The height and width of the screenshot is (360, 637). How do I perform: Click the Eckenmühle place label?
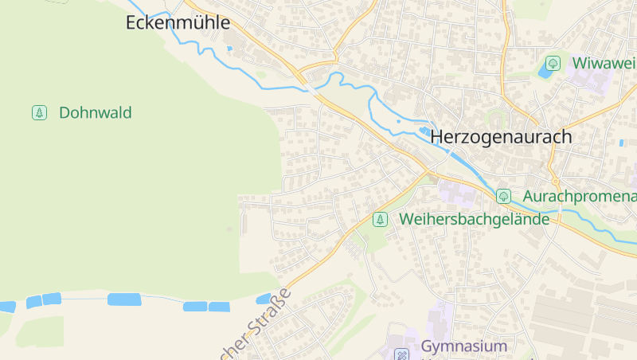pos(178,23)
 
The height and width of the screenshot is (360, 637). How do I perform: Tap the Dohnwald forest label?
pos(95,113)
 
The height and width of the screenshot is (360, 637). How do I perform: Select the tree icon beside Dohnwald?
pos(38,113)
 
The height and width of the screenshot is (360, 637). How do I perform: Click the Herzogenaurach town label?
pos(501,137)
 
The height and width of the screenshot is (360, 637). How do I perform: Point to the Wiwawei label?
pos(604,63)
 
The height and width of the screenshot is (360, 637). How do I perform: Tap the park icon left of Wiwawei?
pos(553,63)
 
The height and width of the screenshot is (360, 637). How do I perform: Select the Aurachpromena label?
pos(580,196)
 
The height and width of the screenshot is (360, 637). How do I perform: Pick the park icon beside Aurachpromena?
pos(503,196)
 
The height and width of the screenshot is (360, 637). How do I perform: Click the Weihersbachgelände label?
pos(475,219)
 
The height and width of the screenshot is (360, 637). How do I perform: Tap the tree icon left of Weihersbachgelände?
pos(381,219)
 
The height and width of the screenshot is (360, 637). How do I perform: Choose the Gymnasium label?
pos(463,346)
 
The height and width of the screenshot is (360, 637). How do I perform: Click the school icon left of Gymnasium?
pos(402,354)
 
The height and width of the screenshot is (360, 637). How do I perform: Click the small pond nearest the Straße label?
pos(264,299)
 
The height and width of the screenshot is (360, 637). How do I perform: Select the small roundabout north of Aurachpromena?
pos(555,180)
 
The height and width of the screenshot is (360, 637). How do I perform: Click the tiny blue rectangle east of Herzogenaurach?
pos(621,143)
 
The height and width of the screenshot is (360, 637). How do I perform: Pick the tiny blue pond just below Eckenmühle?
pos(229,49)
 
